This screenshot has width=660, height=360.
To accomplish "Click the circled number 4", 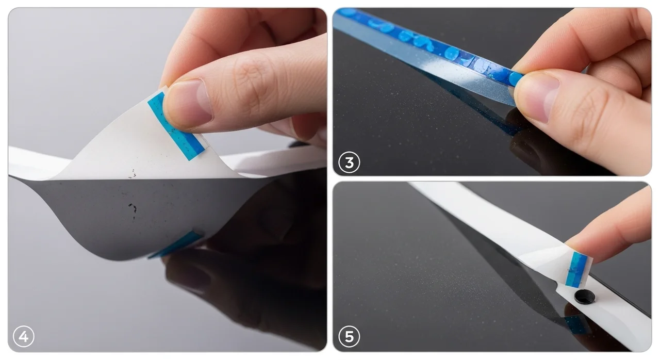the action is [24, 336].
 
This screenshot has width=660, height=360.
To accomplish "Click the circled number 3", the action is [349, 162].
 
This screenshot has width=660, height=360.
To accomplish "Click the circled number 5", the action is [349, 336].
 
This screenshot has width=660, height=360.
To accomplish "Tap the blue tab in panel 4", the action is [176, 126].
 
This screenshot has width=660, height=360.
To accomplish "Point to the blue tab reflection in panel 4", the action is [176, 244].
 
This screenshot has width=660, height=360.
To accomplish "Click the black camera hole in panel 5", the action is [584, 297].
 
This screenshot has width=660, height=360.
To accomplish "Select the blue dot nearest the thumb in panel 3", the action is [515, 79].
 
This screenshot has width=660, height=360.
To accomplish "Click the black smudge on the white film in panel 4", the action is [133, 174].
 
